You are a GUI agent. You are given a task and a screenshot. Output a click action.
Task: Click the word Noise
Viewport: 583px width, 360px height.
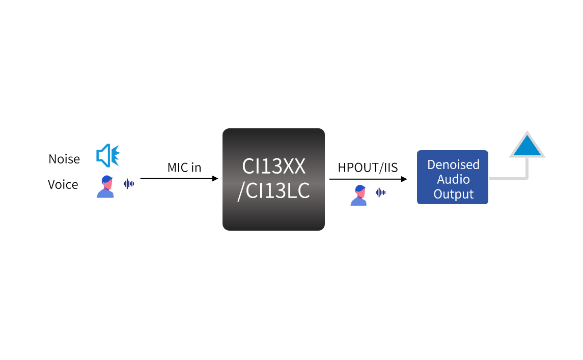pos(64,159)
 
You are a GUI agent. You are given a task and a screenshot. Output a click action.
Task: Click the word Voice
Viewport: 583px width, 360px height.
pos(63,184)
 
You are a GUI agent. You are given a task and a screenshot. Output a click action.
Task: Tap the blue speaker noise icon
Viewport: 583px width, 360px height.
pos(107,156)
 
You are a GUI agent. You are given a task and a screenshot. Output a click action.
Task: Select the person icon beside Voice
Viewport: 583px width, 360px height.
pos(105,186)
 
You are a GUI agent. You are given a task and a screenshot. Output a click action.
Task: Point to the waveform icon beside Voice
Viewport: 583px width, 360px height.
pos(129,183)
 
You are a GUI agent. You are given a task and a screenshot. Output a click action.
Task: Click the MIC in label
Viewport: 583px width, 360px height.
pos(184,168)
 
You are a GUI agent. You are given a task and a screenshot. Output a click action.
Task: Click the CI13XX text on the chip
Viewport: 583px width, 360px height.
pos(273,167)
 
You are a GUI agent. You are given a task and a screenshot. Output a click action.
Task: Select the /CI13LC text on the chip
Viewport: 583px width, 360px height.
pos(273,192)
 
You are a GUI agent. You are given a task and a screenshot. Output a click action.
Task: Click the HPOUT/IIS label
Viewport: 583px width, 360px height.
pos(368,168)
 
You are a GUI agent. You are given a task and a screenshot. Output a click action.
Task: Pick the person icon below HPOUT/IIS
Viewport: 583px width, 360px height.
pos(358,196)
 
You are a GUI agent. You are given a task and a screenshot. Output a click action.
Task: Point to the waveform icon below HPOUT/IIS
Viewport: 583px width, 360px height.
pos(380,192)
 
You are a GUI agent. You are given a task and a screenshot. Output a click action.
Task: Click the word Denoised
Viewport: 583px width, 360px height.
pos(453,164)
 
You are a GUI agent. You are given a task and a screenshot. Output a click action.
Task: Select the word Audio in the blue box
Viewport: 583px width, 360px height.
pos(453,179)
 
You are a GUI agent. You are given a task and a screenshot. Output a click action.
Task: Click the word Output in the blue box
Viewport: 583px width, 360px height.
pos(453,194)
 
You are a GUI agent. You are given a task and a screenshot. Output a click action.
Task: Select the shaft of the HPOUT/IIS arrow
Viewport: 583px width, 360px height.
pos(364,179)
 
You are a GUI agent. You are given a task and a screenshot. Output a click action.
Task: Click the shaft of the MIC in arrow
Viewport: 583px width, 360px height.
pos(176,179)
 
